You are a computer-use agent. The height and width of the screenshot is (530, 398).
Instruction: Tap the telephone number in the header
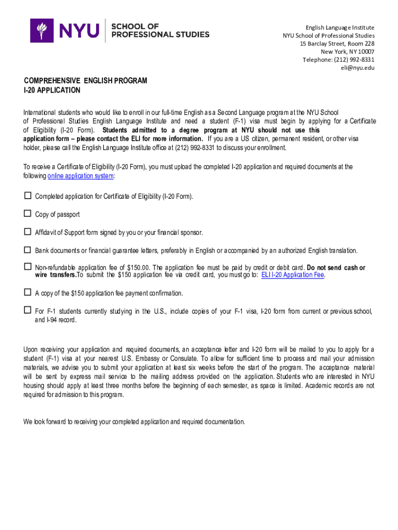339,60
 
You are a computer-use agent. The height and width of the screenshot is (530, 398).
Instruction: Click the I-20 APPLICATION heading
52,90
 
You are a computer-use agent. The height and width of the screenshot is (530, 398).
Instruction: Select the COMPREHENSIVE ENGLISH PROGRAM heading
85,81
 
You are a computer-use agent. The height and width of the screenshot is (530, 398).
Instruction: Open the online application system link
81,176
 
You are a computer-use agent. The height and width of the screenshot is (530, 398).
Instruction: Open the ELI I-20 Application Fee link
293,275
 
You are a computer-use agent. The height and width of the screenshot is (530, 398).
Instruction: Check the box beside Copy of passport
27,214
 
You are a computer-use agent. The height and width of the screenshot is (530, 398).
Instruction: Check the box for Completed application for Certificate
27,196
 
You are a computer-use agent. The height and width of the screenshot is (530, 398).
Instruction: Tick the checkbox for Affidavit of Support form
27,232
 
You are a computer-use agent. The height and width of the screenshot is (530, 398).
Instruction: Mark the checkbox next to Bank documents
27,250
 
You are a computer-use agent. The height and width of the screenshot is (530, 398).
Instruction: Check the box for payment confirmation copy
27,292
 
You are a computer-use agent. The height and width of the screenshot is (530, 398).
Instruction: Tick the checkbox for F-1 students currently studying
27,311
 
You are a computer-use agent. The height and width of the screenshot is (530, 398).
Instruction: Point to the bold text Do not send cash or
336,268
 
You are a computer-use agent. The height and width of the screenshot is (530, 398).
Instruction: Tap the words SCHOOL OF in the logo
135,26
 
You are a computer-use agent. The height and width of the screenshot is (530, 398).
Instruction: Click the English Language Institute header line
340,27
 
